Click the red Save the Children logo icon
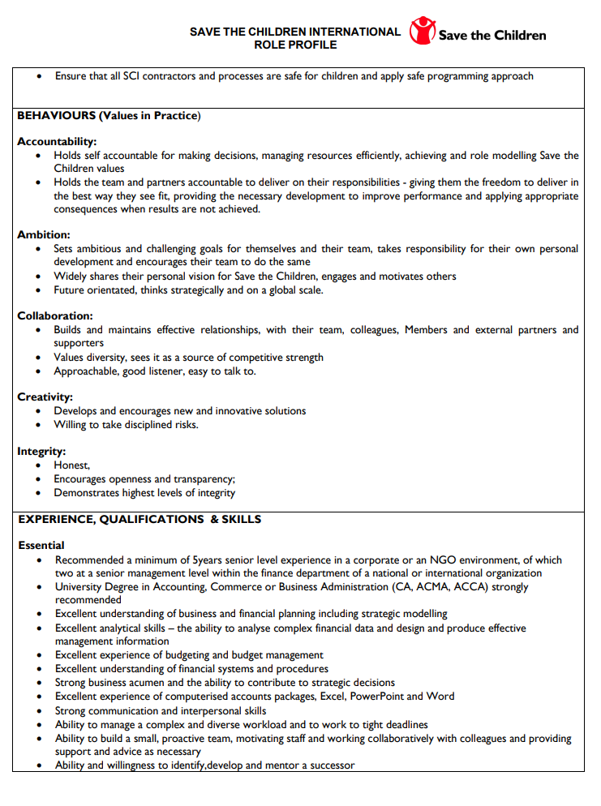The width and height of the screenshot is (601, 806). coord(423,31)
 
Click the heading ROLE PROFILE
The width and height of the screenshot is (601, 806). coord(295,45)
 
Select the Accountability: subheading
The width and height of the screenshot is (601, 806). coord(57,141)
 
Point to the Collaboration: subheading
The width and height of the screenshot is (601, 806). coord(55,315)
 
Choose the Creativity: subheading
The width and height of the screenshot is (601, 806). coord(45,397)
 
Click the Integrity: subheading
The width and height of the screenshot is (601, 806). coord(41,451)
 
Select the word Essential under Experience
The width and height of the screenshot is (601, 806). coord(41,546)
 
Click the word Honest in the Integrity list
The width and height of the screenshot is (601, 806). coord(71,465)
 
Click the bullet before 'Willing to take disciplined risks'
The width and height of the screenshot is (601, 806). coord(40,425)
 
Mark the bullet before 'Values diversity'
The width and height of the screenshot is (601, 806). coord(40,358)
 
